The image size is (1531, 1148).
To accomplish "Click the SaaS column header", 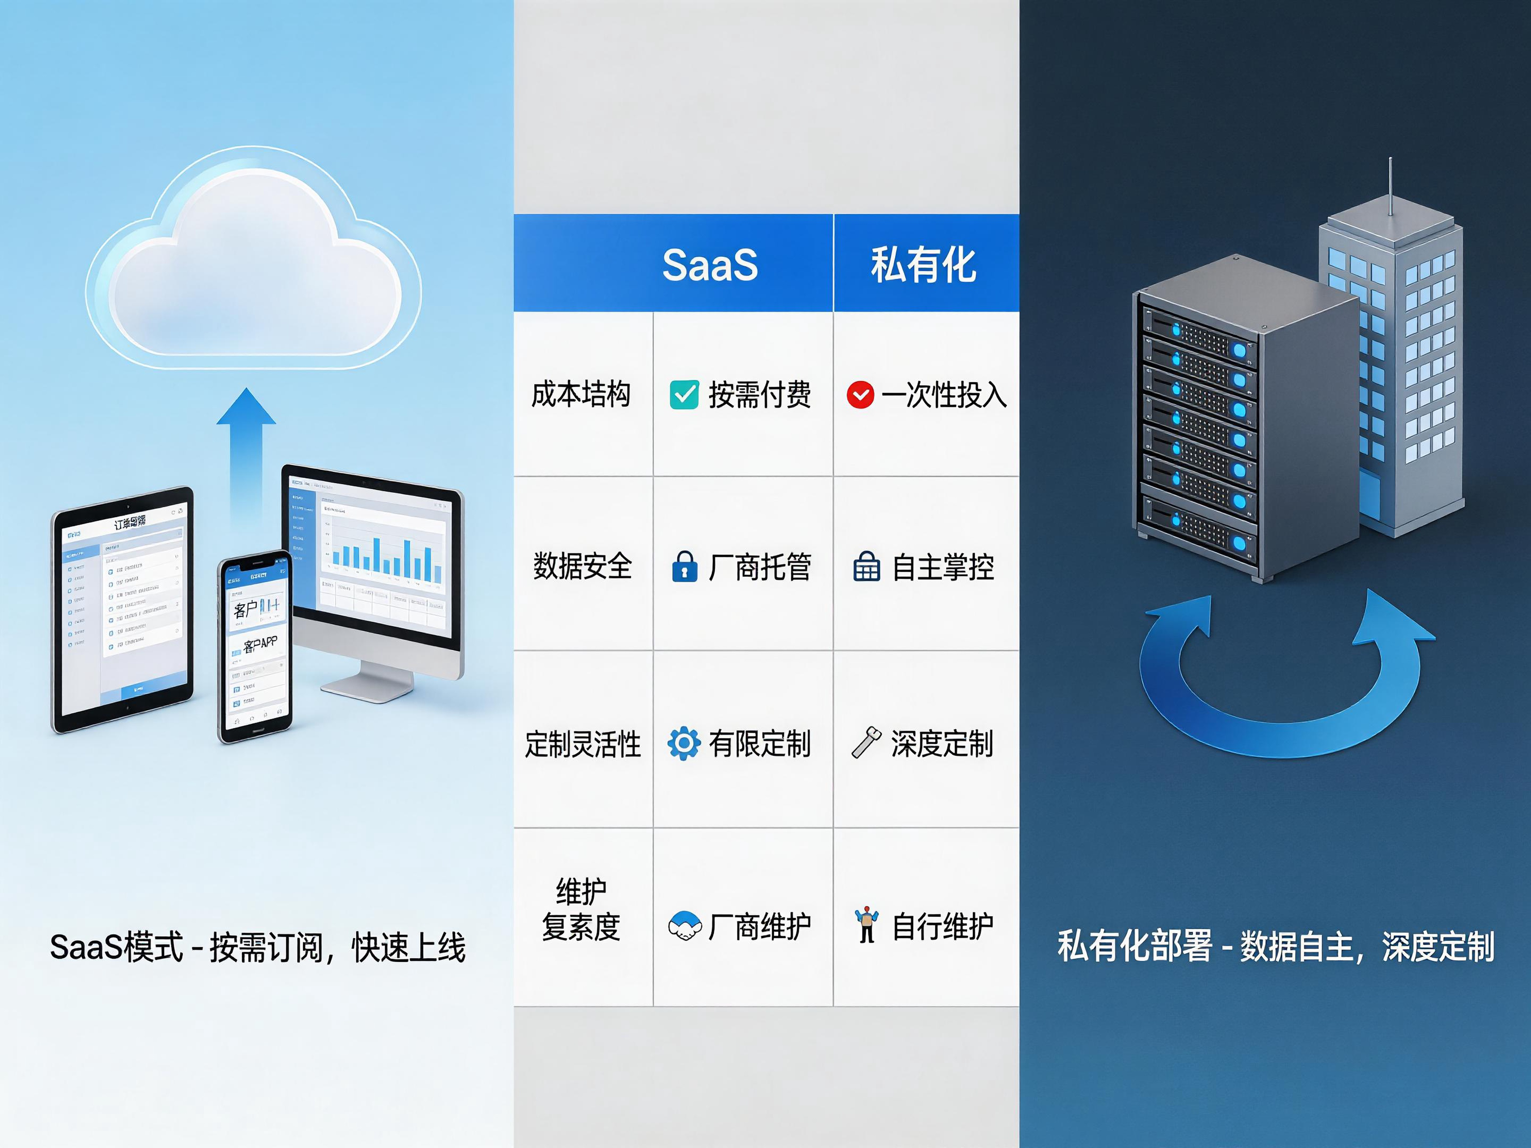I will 710,264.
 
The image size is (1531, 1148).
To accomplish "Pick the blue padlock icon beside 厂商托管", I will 684,566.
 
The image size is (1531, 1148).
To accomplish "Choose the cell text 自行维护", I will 943,926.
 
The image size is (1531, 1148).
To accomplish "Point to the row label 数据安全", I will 582,566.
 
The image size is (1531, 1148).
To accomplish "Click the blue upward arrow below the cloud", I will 246,450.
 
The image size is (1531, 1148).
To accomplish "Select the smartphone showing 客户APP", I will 255,647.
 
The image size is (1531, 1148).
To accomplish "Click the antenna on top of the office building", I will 1390,187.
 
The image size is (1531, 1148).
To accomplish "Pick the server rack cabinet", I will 1239,422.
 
